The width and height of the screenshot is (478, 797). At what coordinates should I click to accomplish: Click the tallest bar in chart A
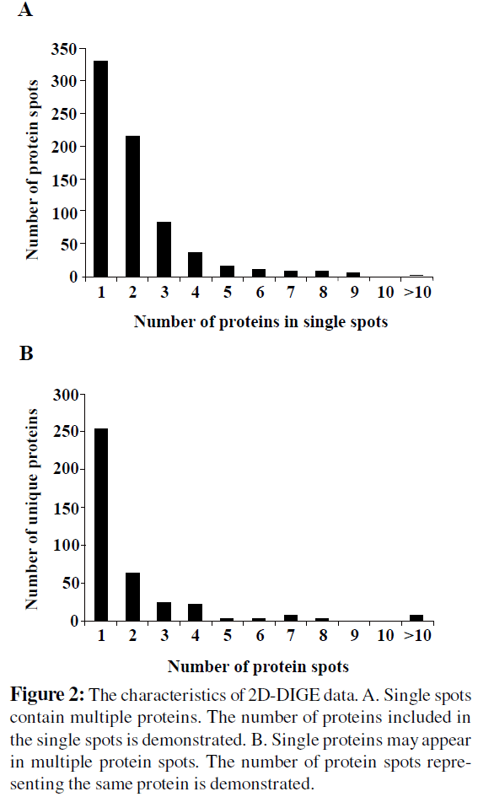100,169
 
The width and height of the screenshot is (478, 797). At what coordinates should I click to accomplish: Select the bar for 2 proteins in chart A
132,207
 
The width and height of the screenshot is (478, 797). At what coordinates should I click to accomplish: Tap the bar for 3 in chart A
164,250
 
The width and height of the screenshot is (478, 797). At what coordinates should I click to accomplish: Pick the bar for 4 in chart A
195,264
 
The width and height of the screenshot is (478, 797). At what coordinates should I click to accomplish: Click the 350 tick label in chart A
64,49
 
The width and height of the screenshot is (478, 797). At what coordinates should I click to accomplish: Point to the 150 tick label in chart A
64,180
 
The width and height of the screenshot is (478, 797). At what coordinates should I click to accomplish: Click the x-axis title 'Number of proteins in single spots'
260,321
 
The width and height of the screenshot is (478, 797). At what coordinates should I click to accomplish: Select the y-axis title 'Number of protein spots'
32,170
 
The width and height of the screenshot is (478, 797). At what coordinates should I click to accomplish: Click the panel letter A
25,9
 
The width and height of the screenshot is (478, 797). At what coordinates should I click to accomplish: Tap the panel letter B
26,353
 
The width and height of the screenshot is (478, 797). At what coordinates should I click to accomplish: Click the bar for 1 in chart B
100,525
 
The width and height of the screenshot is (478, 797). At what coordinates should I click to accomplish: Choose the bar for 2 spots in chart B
132,597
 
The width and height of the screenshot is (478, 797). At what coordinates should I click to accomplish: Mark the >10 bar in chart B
416,618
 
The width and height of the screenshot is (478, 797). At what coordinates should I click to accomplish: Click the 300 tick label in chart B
66,395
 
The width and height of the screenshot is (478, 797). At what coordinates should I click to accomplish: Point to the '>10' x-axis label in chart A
417,293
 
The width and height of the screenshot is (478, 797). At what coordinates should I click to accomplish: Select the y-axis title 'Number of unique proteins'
32,509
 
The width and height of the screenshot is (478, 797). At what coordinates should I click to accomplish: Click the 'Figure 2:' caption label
48,695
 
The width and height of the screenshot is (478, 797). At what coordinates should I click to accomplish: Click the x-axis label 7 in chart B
291,635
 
